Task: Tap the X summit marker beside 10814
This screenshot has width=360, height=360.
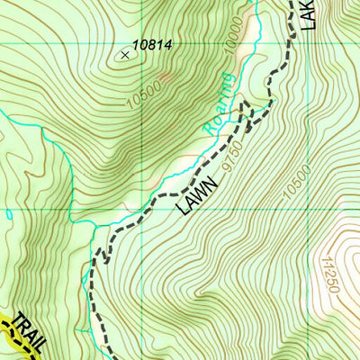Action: (124, 54)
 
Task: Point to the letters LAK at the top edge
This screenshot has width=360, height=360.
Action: (309, 13)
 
